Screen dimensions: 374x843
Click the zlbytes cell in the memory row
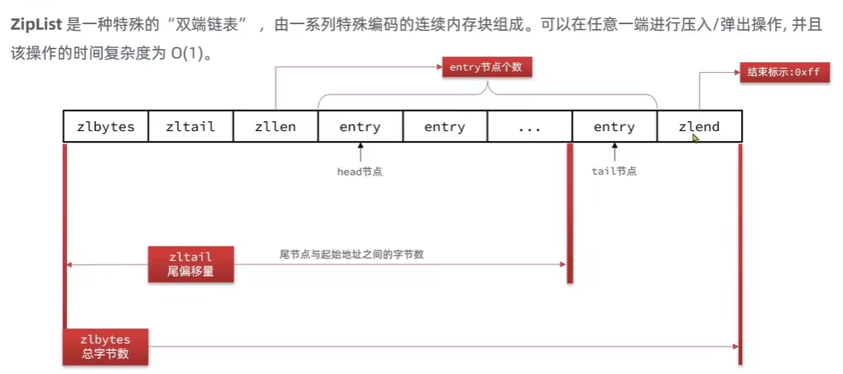coord(105,127)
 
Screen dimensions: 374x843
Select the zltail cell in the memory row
coord(190,127)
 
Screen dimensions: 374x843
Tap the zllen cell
coord(275,127)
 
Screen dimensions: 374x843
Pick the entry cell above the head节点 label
coord(360,127)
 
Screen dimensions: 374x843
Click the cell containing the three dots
coord(529,127)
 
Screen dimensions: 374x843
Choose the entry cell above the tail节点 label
coord(614,127)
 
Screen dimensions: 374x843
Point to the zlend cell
coord(699,127)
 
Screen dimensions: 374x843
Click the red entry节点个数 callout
coord(486,67)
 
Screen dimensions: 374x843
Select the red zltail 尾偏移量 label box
coord(191,264)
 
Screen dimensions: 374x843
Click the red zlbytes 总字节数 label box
coord(105,347)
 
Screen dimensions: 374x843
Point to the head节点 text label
coord(360,172)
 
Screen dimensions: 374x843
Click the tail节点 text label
coord(613,172)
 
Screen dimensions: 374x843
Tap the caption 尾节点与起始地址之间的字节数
coord(351,255)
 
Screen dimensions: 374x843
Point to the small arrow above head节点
coord(360,153)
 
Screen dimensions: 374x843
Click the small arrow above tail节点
coord(614,153)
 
